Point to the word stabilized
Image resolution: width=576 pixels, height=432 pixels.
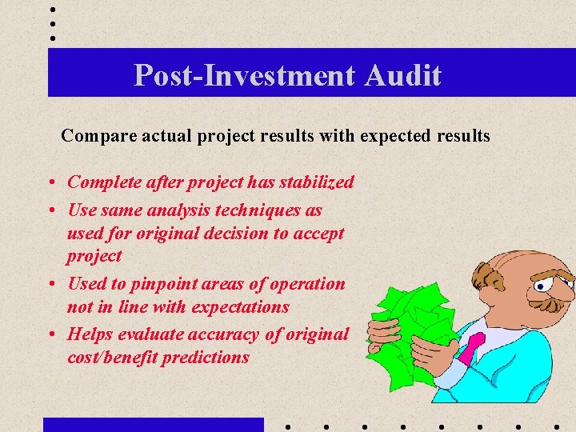click(x=317, y=182)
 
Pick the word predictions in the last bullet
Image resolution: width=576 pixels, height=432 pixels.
click(x=206, y=358)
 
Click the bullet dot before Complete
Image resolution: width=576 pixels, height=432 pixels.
click(x=50, y=183)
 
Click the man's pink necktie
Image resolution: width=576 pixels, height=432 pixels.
click(x=474, y=346)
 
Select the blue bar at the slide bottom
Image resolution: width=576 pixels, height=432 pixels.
click(x=153, y=425)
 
